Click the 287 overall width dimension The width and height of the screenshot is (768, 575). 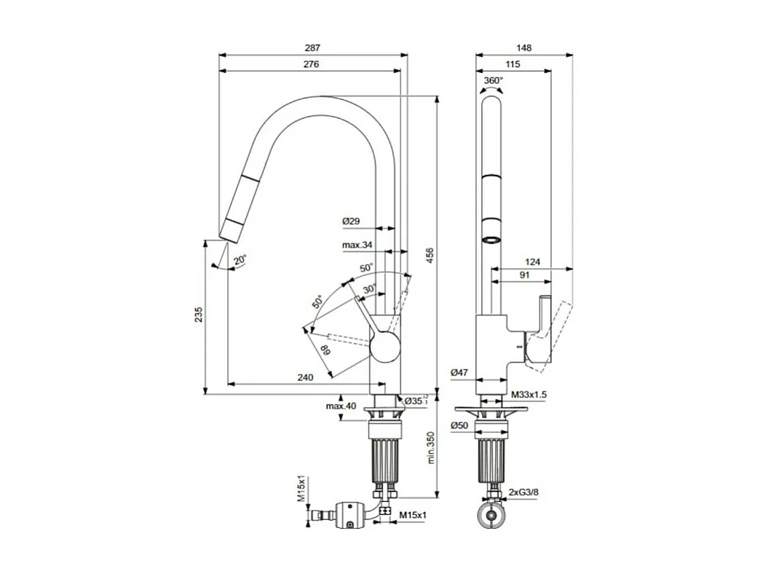[x=313, y=48]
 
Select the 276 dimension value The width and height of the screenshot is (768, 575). [x=311, y=64]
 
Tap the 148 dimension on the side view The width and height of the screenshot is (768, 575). [x=524, y=48]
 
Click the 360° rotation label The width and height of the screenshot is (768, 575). [x=493, y=80]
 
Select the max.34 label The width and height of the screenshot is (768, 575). [x=357, y=245]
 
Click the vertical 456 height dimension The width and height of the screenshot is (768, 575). [x=430, y=257]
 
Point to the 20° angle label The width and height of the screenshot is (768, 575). [x=239, y=259]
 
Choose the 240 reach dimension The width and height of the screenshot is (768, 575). [x=305, y=378]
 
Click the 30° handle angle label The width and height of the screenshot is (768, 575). [x=369, y=289]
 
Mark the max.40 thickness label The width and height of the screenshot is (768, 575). [x=341, y=406]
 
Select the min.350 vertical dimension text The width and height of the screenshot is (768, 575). [x=430, y=448]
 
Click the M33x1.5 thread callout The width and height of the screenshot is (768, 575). [x=529, y=395]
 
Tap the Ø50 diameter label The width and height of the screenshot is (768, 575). [x=459, y=426]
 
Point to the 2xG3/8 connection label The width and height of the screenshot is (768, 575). [x=523, y=493]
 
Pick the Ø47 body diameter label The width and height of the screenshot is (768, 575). [x=459, y=373]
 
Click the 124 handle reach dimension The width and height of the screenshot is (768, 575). [x=533, y=262]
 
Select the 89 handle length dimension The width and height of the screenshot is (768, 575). [x=325, y=350]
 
